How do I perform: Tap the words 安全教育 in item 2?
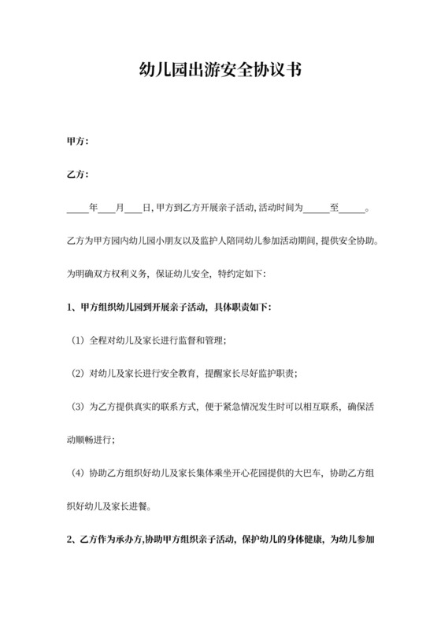click(169, 373)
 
